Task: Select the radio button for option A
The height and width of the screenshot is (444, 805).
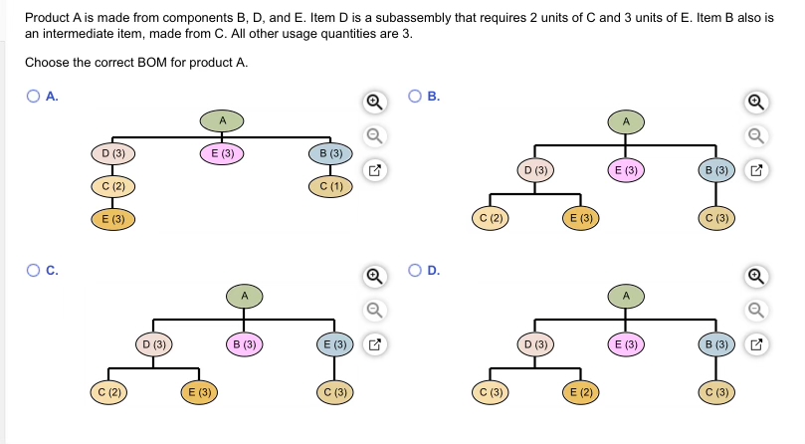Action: [34, 97]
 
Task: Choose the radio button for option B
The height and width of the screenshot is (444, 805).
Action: [415, 97]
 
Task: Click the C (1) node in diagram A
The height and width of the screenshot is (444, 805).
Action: [331, 187]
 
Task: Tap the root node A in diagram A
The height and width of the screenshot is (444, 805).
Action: [222, 120]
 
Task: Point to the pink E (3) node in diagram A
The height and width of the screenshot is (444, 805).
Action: [222, 153]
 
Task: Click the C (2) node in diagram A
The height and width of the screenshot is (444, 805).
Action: [112, 186]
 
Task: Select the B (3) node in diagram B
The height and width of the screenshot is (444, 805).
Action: [718, 170]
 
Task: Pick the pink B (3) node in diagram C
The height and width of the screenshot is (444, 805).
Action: [244, 344]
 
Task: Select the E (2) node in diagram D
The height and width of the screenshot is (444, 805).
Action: [583, 392]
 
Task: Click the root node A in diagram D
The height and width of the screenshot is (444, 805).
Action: [627, 295]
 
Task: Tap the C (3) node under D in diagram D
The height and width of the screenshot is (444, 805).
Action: [492, 392]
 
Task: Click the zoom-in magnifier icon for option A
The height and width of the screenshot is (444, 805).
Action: [374, 102]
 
